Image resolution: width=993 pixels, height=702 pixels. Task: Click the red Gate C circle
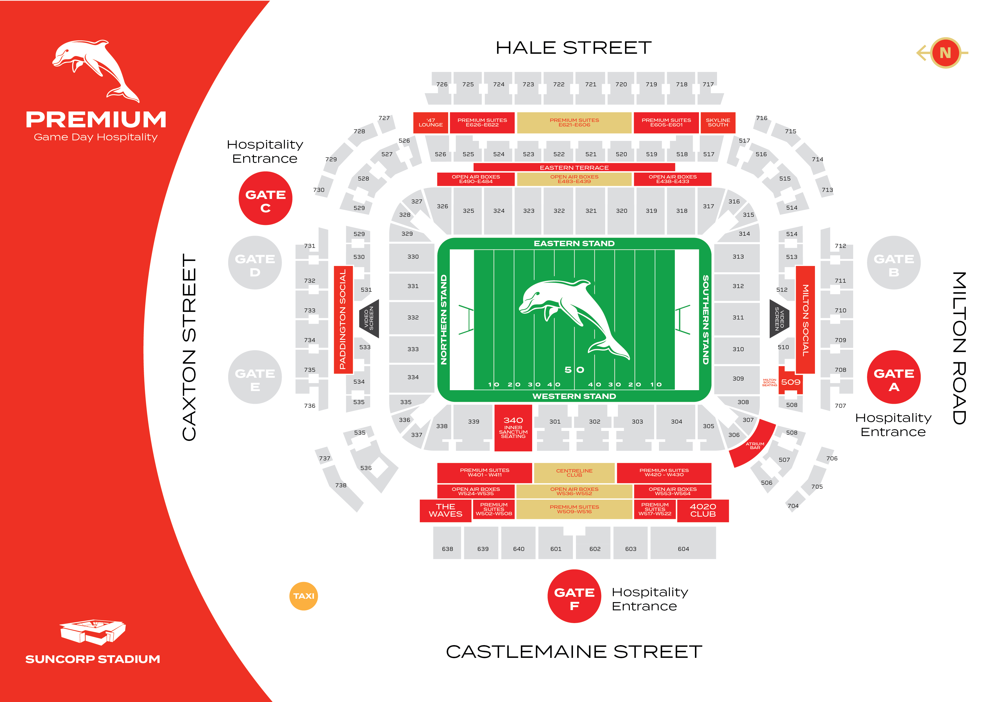pos(265,198)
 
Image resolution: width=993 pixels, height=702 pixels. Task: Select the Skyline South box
pos(718,123)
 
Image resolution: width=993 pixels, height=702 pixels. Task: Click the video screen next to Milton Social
pos(779,319)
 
